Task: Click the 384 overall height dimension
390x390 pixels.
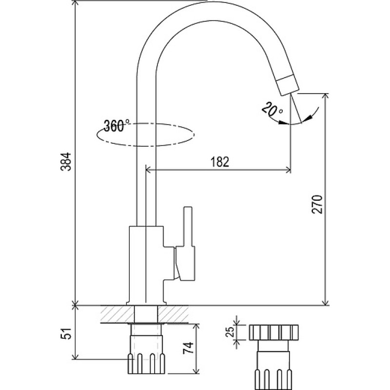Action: [66, 162]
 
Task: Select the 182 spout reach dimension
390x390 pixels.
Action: [220, 162]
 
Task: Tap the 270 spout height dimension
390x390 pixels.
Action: [317, 204]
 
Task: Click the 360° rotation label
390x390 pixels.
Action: [117, 125]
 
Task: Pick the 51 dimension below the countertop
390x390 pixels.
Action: [66, 333]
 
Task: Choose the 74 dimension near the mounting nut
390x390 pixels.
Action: [188, 348]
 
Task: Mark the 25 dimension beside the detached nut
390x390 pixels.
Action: [230, 332]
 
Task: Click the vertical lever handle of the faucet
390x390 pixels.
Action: [188, 226]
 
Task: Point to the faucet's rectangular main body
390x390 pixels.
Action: [146, 265]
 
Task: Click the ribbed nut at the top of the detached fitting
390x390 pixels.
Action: [273, 332]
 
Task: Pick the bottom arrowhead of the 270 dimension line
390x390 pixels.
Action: [325, 302]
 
